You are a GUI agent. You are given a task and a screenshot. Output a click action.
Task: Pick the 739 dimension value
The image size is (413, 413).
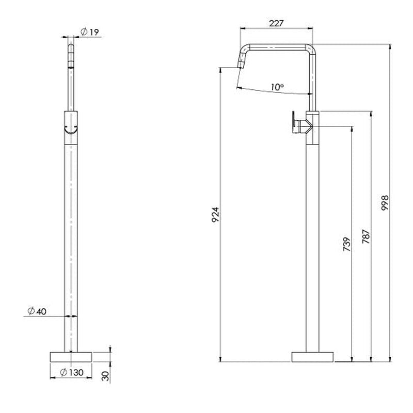pyautogui.click(x=346, y=243)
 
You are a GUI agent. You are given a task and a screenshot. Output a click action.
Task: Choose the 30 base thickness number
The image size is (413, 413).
pyautogui.click(x=106, y=376)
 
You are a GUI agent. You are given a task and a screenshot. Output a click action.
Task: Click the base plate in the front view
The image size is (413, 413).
pyautogui.click(x=71, y=356)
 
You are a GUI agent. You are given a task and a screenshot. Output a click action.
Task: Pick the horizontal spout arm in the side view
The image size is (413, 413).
pyautogui.click(x=279, y=45)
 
